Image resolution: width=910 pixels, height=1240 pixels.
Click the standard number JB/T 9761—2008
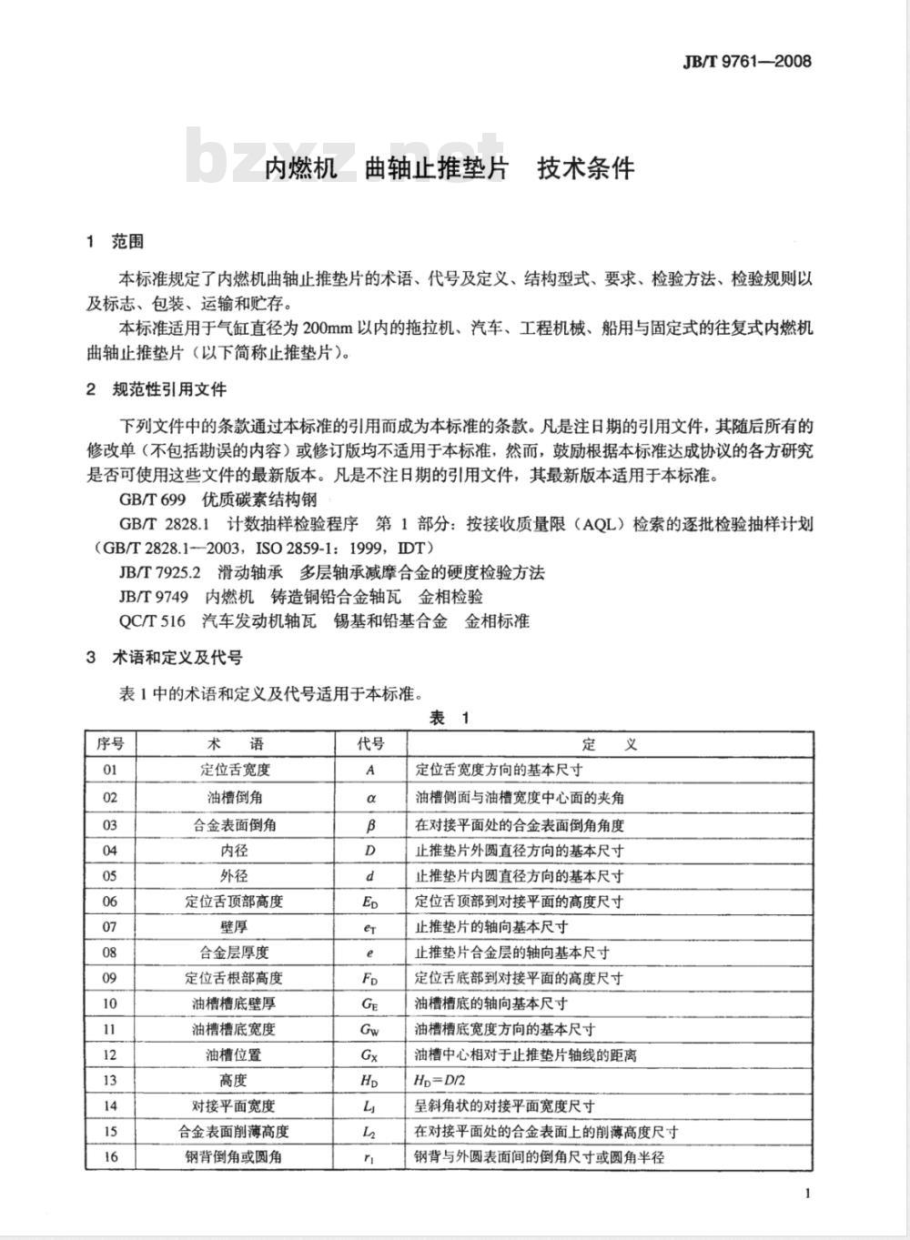[x=746, y=62]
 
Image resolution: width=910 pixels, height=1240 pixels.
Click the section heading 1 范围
[x=115, y=242]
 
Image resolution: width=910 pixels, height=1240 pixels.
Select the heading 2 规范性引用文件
[x=156, y=389]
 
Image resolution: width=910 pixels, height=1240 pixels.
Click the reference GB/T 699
[x=152, y=499]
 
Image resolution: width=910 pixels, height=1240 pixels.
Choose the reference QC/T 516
[x=152, y=621]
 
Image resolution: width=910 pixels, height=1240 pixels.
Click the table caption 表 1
[x=450, y=719]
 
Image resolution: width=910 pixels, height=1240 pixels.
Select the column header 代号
[x=370, y=744]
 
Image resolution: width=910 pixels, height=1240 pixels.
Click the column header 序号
[x=110, y=744]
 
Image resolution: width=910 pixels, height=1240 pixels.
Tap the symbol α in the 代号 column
[x=370, y=798]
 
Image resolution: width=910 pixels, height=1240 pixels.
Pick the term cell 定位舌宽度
[x=235, y=770]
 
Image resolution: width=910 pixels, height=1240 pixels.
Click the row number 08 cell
[x=110, y=953]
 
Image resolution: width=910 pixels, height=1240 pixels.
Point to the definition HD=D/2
[x=447, y=1081]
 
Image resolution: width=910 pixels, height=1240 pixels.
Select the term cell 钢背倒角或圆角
[x=235, y=1157]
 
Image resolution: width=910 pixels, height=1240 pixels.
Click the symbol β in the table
[x=370, y=825]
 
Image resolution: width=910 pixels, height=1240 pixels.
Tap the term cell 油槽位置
[x=235, y=1055]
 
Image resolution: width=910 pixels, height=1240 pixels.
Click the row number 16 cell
[x=110, y=1157]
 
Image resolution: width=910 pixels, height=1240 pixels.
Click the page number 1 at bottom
[x=807, y=1195]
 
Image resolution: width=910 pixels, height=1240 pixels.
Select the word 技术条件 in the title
[x=585, y=168]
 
